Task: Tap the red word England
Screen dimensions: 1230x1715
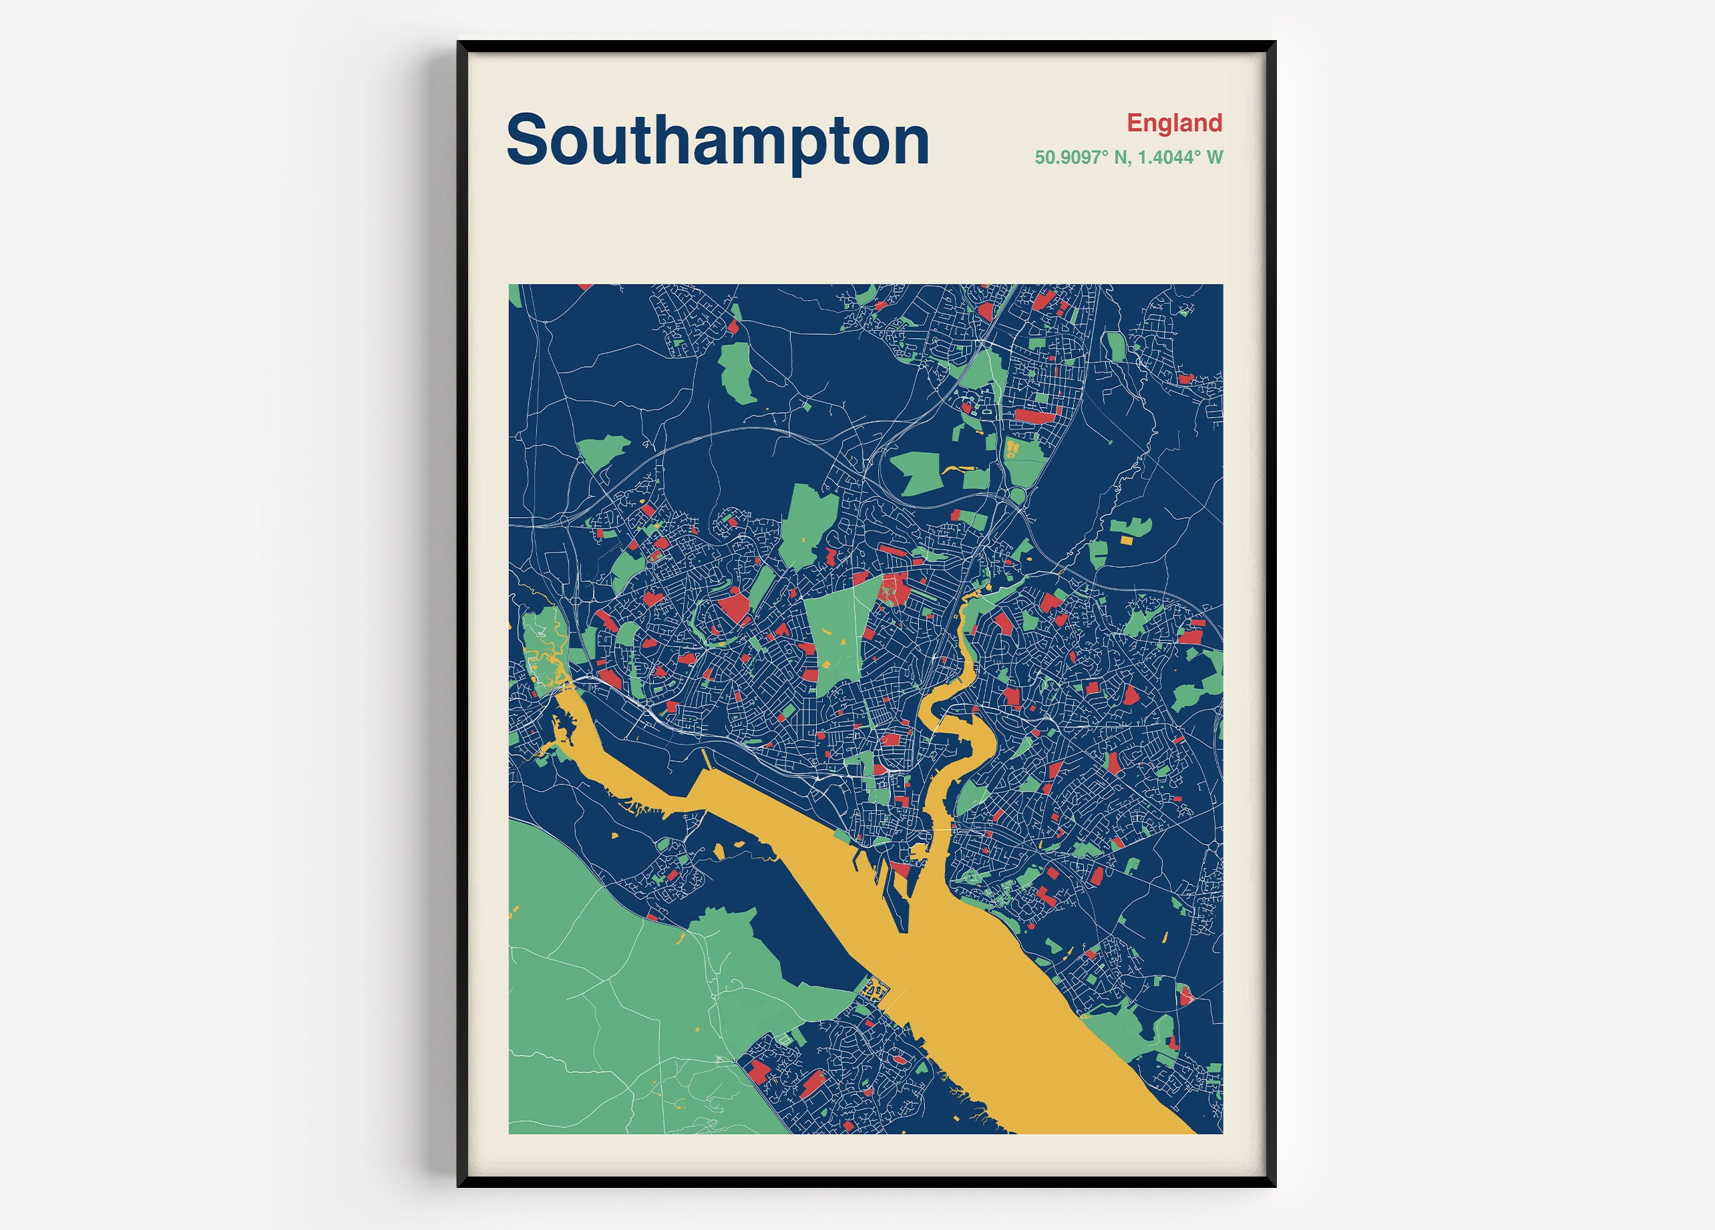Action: pyautogui.click(x=1173, y=122)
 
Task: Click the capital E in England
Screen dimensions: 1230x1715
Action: pyautogui.click(x=1133, y=122)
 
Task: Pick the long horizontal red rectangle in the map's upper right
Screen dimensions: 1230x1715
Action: pyautogui.click(x=1032, y=416)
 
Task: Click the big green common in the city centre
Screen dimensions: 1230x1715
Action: pyautogui.click(x=835, y=635)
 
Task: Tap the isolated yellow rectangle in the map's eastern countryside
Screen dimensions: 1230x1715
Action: pyautogui.click(x=1127, y=540)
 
